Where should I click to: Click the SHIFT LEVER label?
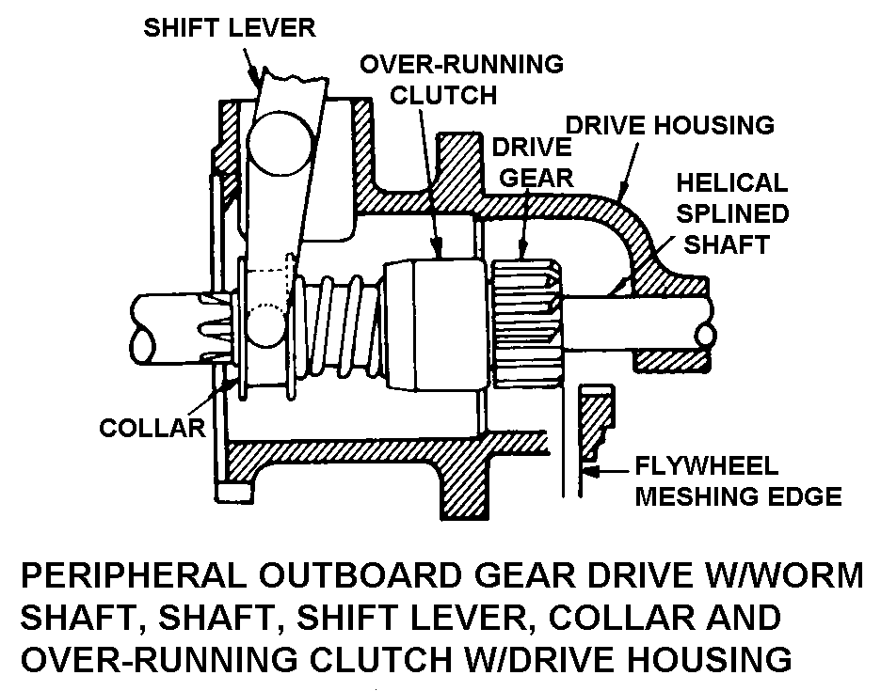[230, 28]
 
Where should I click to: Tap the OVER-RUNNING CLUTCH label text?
[461, 80]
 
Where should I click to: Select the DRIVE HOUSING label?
[670, 125]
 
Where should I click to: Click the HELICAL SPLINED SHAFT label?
[732, 213]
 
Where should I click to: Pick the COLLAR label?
[152, 429]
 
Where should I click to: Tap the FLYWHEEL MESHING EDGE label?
[738, 481]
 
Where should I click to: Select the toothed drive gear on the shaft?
[528, 322]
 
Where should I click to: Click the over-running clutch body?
[436, 325]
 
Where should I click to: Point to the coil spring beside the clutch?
[337, 325]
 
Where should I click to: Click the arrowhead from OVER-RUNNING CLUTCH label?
[437, 247]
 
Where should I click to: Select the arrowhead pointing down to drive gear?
[522, 249]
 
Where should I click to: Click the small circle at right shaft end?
[705, 336]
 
